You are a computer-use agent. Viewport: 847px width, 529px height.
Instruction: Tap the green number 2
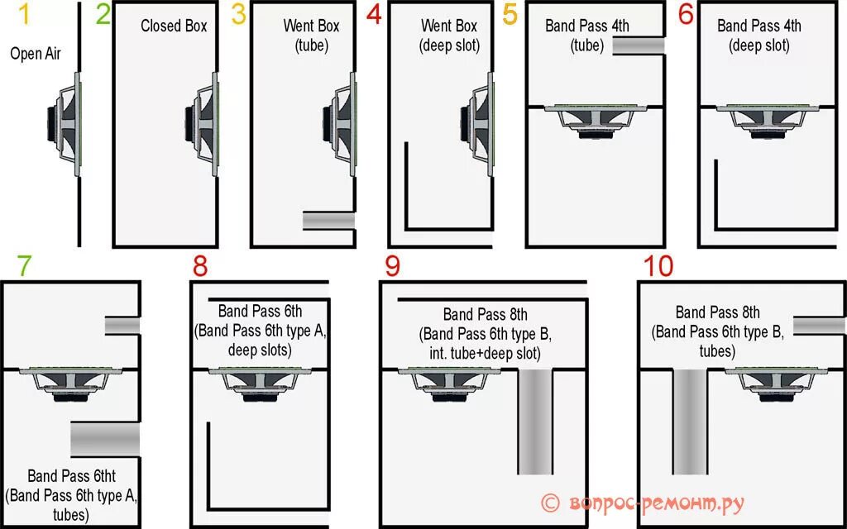(103, 15)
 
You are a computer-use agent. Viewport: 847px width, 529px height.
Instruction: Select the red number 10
(658, 266)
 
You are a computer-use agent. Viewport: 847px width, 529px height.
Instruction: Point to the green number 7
(24, 266)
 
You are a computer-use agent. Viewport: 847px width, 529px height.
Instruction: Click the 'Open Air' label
(36, 54)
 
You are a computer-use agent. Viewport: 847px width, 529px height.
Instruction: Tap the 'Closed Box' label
(174, 26)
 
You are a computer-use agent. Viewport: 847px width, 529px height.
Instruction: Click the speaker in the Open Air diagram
(65, 122)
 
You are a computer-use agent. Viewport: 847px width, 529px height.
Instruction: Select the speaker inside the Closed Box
(202, 122)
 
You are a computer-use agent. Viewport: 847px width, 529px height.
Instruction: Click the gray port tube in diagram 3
(328, 220)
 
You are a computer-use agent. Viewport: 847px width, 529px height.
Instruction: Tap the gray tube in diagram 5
(638, 45)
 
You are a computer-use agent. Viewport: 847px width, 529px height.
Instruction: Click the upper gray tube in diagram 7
(122, 326)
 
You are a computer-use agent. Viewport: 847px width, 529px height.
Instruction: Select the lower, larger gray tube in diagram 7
(105, 439)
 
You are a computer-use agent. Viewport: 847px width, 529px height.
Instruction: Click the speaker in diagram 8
(261, 385)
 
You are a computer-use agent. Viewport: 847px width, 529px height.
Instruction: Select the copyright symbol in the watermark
(550, 503)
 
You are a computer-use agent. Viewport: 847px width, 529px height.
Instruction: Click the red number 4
(374, 15)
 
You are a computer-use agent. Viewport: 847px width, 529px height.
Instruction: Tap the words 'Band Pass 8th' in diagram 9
(485, 315)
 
